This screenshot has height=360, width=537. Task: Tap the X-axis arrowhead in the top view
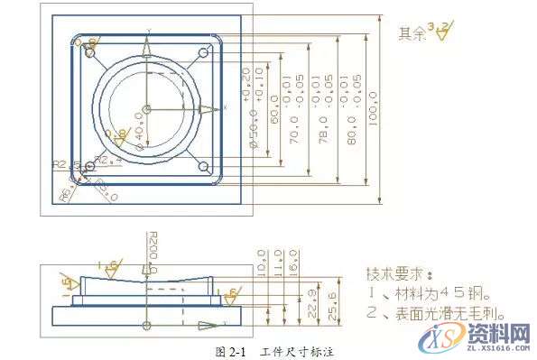click(x=208, y=109)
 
